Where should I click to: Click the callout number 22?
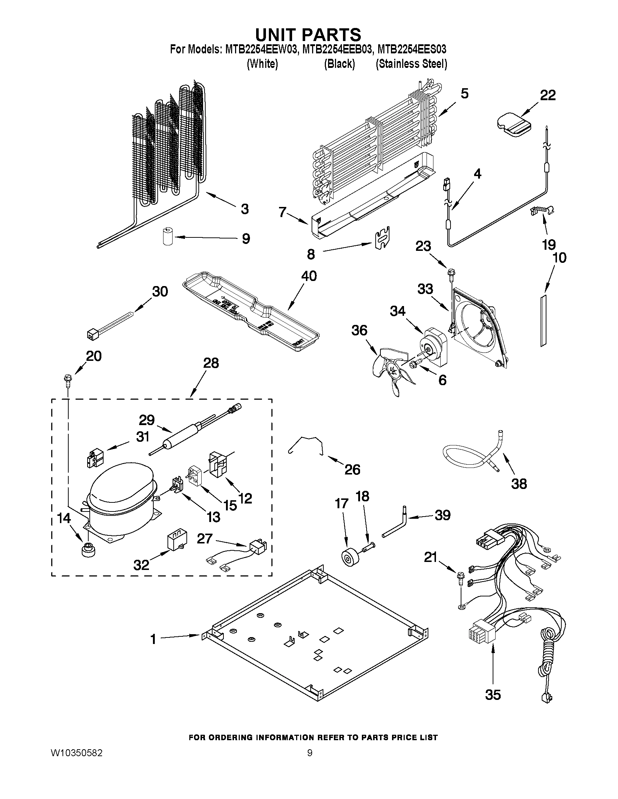pos(548,95)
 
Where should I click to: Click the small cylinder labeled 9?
pos(168,236)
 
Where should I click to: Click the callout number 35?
pos(493,694)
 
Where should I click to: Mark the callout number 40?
pos(308,276)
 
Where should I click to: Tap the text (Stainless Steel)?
pos(411,64)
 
